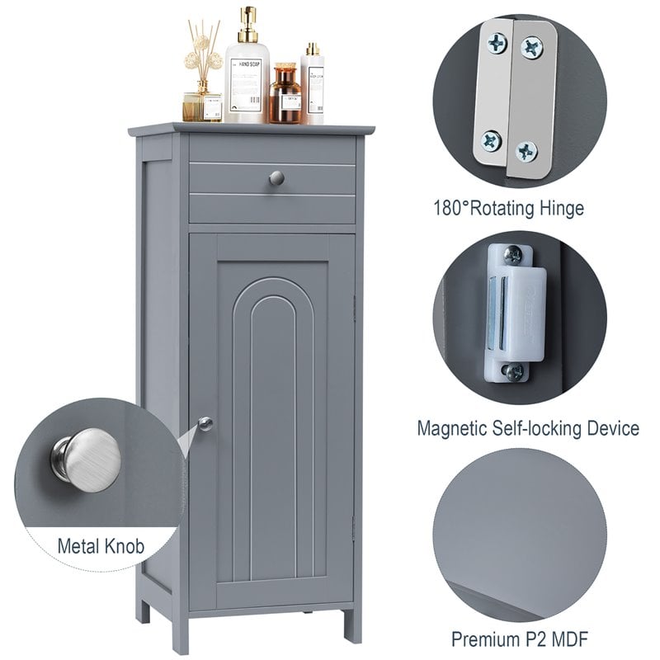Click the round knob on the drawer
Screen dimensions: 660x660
276,177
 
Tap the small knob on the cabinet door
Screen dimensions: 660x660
205,423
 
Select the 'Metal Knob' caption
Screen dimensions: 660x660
101,546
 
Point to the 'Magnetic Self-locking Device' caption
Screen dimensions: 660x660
528,428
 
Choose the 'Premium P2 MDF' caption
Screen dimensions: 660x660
520,639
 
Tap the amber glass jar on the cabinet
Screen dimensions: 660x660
285,97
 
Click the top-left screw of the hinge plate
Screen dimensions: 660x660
497,43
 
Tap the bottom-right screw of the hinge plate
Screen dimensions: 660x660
526,151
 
